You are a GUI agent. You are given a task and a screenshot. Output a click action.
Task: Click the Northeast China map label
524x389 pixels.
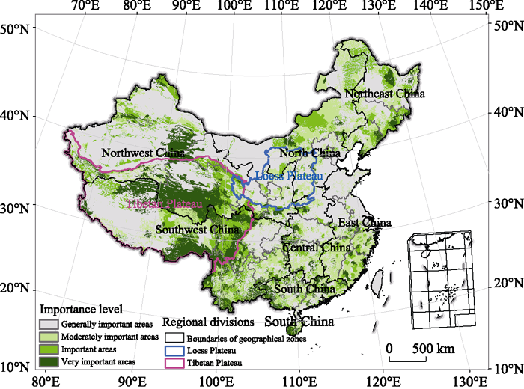[384, 94]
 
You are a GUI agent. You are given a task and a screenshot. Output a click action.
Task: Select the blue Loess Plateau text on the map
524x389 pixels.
[289, 176]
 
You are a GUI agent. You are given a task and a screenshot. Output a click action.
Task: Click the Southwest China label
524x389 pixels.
[198, 230]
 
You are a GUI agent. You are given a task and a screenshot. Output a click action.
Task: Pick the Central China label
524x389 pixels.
[316, 248]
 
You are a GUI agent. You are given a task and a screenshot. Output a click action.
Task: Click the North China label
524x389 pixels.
[309, 153]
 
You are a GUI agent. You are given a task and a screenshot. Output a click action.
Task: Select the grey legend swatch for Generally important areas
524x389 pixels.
[49, 325]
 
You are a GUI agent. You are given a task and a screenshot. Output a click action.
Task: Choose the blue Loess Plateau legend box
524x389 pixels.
[174, 350]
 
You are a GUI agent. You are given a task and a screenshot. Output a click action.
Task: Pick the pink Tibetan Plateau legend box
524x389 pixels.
[174, 363]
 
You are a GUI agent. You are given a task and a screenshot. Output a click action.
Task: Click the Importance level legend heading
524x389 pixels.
[81, 309]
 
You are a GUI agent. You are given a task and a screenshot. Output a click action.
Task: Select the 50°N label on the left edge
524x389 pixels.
[15, 30]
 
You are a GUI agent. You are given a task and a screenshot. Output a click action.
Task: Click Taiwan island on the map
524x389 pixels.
[377, 283]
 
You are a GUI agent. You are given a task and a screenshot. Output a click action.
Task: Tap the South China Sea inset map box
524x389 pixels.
[441, 280]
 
